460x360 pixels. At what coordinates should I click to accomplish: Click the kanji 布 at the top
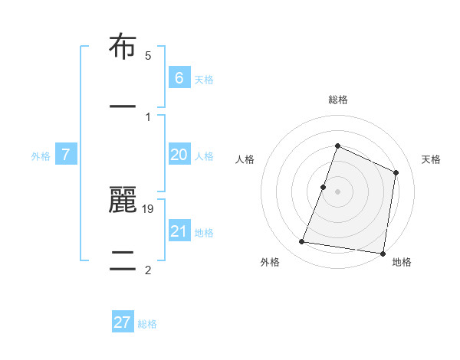point(123,47)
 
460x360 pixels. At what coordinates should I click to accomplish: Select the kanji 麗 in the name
point(123,201)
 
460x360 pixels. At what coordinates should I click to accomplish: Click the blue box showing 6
point(179,77)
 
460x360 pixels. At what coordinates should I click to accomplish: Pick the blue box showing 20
point(179,155)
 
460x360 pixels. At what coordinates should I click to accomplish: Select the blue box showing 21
point(179,231)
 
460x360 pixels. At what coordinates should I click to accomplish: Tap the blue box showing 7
point(66,155)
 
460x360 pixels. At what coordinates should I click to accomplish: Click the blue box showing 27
point(123,322)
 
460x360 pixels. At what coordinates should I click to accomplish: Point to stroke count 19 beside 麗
point(148,208)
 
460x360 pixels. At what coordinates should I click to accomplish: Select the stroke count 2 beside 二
point(148,270)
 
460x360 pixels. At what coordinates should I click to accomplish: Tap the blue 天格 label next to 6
point(204,79)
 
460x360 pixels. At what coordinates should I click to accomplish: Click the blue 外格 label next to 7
point(41,155)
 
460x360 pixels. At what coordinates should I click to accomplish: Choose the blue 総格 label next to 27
point(148,323)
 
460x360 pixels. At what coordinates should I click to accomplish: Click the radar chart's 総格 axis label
point(338,100)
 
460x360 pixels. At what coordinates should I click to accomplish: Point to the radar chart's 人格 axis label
point(245,159)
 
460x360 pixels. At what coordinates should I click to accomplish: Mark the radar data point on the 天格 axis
point(396,172)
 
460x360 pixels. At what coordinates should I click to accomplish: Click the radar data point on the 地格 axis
point(383,253)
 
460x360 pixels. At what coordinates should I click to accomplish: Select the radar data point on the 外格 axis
point(301,242)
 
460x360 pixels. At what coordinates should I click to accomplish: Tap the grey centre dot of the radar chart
point(338,191)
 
